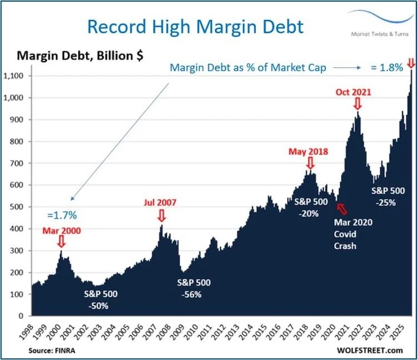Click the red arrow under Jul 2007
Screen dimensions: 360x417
tap(161, 214)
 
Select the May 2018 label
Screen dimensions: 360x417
tap(308, 151)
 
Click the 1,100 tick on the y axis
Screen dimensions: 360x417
tap(20, 76)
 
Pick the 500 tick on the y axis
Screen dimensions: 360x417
tap(23, 207)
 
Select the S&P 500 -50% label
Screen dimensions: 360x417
tap(101, 299)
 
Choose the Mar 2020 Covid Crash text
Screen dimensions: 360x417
tap(353, 233)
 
